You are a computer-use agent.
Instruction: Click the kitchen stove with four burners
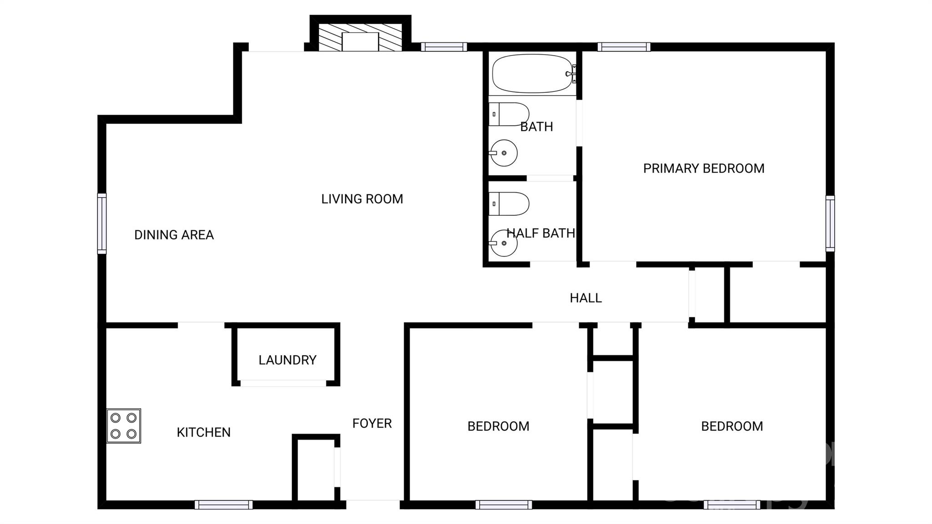tap(124, 426)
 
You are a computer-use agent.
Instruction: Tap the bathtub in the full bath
tap(532, 74)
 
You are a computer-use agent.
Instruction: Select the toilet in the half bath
tap(509, 204)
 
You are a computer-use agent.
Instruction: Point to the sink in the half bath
tap(503, 243)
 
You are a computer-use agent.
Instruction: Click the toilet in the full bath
tap(509, 114)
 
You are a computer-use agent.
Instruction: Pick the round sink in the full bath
tap(503, 153)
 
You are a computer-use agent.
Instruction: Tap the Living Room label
tap(362, 199)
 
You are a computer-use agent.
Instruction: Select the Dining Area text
tap(174, 235)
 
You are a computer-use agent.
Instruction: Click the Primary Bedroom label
tap(704, 168)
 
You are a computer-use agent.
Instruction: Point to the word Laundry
tap(287, 360)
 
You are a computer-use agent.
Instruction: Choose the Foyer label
tap(372, 423)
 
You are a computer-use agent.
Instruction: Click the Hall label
tap(586, 298)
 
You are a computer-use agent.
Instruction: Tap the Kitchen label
tap(203, 432)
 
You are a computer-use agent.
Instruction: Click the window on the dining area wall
tap(102, 224)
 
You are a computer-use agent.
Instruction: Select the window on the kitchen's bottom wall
tap(223, 504)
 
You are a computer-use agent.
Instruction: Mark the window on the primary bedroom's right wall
tap(831, 224)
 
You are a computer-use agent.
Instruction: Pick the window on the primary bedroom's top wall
tap(624, 47)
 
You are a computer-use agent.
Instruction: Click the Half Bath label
tap(541, 233)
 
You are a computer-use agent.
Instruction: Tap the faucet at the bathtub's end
tap(571, 74)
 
